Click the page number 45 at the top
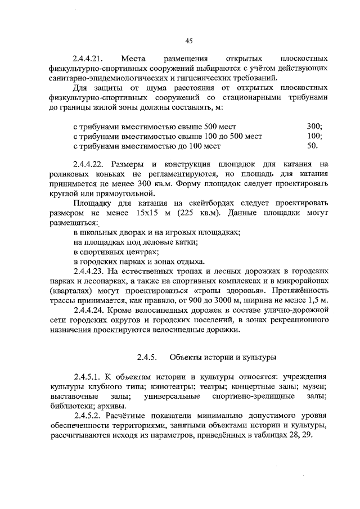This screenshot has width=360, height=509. [x=189, y=40]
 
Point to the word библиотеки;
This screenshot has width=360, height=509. [x=72, y=407]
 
